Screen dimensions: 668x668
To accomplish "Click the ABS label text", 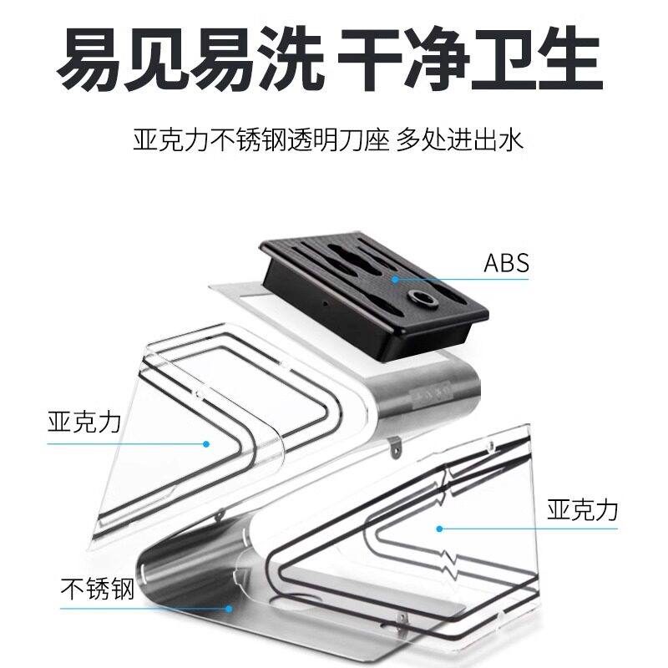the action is click(x=507, y=263).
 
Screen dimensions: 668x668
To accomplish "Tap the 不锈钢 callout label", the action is click(x=98, y=590).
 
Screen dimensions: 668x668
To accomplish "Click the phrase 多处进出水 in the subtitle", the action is click(x=461, y=139).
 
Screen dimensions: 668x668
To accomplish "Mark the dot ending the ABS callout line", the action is click(x=392, y=279).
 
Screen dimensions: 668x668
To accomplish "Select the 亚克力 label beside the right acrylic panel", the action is click(x=582, y=510).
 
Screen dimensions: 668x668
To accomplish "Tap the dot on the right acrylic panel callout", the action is click(x=438, y=528).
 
